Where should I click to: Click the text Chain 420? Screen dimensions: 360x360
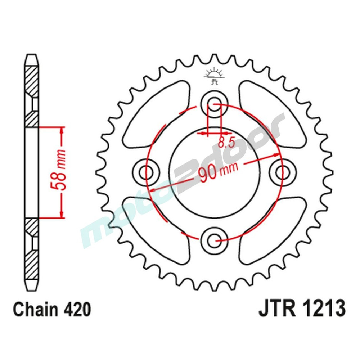(52, 310)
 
